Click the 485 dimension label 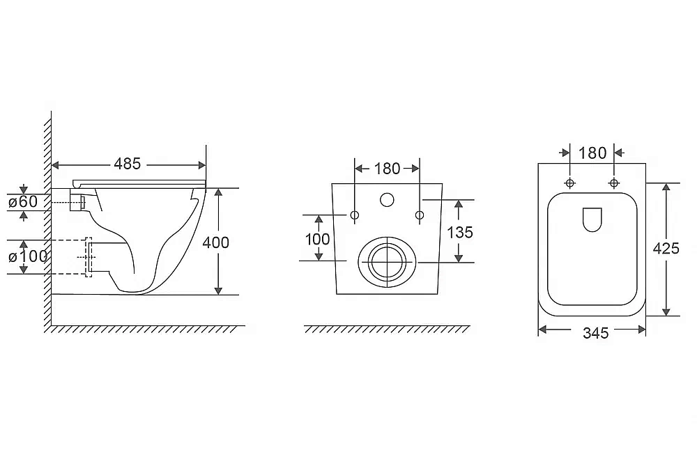pyautogui.click(x=127, y=164)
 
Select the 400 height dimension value pyautogui.click(x=215, y=242)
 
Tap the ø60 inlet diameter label pyautogui.click(x=23, y=202)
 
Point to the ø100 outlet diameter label pyautogui.click(x=28, y=256)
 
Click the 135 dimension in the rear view pyautogui.click(x=459, y=233)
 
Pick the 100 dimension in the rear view pyautogui.click(x=317, y=240)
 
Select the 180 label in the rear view pyautogui.click(x=387, y=169)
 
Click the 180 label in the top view pyautogui.click(x=592, y=153)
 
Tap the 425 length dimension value pyautogui.click(x=666, y=249)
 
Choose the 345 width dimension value pyautogui.click(x=596, y=333)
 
